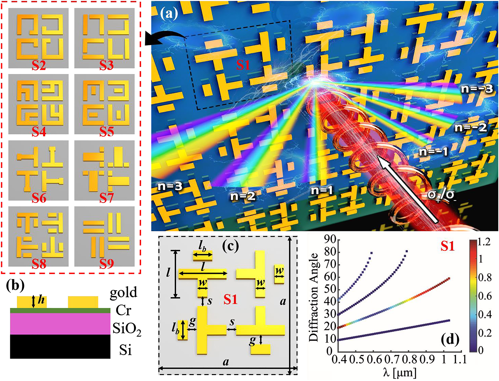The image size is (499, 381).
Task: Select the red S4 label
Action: [39, 131]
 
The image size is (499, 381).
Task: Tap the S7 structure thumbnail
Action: [105, 170]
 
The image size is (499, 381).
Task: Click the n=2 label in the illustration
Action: [243, 196]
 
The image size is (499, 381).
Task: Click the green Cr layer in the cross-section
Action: [60, 310]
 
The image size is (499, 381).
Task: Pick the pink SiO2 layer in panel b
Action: [60, 324]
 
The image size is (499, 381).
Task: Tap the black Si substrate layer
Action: [60, 346]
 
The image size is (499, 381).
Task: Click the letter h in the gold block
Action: [41, 300]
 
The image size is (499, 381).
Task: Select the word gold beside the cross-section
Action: [123, 292]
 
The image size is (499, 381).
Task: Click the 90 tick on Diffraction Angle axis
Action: [330, 239]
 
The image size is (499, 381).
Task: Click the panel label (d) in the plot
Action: [450, 339]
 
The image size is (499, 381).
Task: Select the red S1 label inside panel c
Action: [230, 299]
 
